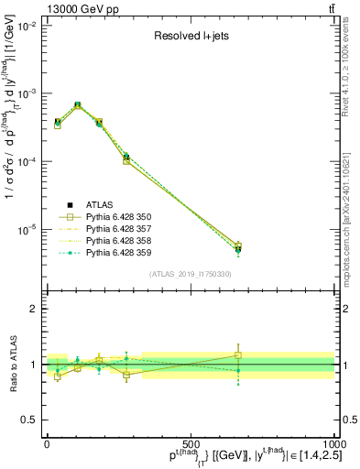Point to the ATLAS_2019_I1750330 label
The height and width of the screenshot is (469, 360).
click(x=191, y=274)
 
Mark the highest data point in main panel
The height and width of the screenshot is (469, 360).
click(x=77, y=105)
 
